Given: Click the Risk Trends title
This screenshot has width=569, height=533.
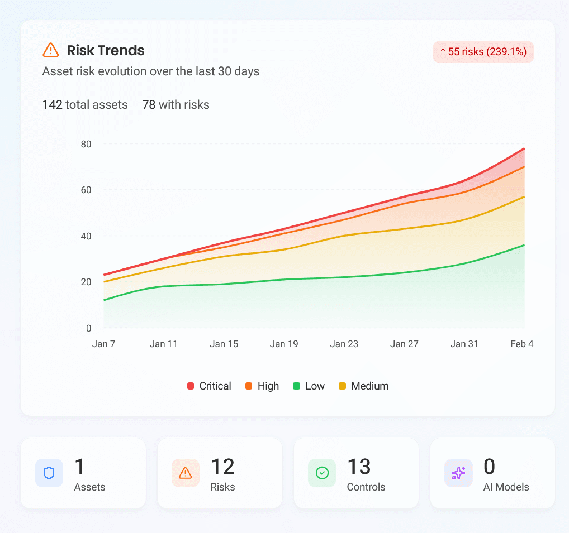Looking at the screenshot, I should coord(105,50).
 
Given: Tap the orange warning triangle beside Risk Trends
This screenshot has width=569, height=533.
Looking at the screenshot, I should coord(50,50).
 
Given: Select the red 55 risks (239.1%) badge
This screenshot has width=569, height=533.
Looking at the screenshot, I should coord(483,52).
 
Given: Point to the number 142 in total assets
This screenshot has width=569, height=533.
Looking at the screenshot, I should coord(52,104).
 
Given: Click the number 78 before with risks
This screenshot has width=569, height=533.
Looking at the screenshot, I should coord(149,104).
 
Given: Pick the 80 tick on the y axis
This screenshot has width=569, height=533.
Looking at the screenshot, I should coord(86,144).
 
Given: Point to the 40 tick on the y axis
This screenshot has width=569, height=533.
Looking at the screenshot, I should coord(86,236).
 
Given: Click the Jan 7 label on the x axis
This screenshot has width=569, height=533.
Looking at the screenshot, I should coord(103,344).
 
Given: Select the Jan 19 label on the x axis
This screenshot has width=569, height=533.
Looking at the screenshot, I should coord(284,344).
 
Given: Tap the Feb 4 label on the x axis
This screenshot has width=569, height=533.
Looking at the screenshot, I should coord(521,344).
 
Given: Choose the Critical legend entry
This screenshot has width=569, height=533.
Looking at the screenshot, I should coord(209,386).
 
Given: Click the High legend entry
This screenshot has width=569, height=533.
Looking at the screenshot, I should coord(262,386).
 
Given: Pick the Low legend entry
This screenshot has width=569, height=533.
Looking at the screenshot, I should coord(309,386).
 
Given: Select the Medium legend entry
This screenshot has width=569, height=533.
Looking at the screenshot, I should coord(363,386).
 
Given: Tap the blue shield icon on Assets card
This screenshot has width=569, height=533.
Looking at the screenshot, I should coord(49,473).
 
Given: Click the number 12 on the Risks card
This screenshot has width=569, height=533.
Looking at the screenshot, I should coord(222,467).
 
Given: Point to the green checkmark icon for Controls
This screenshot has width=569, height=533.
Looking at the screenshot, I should coord(322,473).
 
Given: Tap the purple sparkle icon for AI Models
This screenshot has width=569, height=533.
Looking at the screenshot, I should coord(458,473).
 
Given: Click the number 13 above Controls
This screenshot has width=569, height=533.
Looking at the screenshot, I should coord(359,467).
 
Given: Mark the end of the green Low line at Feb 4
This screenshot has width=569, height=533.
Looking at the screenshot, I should coord(524,245).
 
